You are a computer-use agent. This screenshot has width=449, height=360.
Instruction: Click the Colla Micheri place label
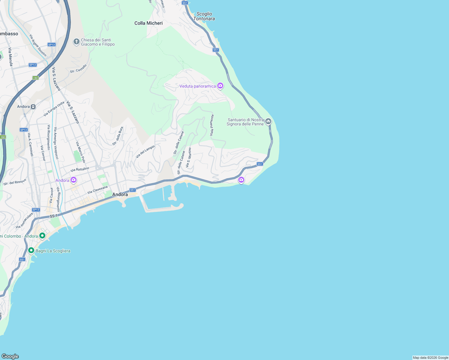click(x=149, y=23)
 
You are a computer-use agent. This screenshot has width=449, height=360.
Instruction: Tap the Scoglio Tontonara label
click(x=204, y=16)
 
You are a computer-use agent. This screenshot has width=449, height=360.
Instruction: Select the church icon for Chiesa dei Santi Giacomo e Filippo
click(x=77, y=41)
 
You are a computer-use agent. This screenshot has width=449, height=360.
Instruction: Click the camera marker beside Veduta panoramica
click(x=220, y=86)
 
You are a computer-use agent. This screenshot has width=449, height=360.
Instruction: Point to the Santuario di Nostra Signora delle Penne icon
click(x=268, y=121)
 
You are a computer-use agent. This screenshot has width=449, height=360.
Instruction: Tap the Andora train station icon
click(x=33, y=106)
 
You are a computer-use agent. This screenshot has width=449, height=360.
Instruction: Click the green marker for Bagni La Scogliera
click(x=31, y=250)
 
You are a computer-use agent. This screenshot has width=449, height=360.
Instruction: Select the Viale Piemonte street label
click(x=212, y=125)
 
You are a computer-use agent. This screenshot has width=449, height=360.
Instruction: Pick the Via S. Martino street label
click(x=188, y=157)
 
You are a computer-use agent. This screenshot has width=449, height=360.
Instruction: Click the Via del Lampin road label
click(x=145, y=151)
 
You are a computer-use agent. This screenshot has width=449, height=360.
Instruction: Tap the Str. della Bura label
click(x=118, y=136)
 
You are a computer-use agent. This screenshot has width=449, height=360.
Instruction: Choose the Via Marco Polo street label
click(x=80, y=152)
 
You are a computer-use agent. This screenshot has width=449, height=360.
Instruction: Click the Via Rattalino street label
click(x=80, y=169)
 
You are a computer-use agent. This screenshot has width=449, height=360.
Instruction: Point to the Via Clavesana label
click(x=97, y=190)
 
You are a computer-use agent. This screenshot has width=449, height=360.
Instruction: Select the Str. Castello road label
click(x=78, y=69)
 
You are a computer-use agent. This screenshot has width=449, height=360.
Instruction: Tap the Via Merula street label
click(x=11, y=57)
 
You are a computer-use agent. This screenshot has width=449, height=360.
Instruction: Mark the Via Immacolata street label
click(x=24, y=221)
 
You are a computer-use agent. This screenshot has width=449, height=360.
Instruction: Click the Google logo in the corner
click(x=10, y=356)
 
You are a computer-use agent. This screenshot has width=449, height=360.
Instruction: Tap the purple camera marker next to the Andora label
click(x=74, y=180)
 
